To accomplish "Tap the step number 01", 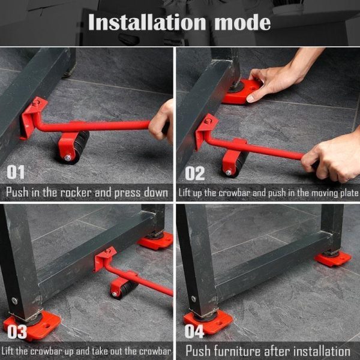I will click(16, 172).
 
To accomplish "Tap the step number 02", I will click(194, 173).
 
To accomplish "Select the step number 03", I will click(16, 332).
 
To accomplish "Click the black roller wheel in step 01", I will click(73, 146).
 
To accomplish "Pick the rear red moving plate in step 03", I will click(155, 240).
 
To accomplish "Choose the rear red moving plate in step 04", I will click(333, 257).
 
